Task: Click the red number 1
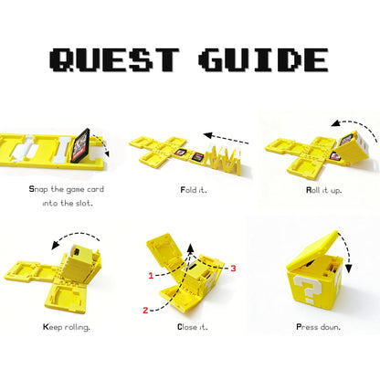151,275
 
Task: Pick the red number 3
233,268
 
